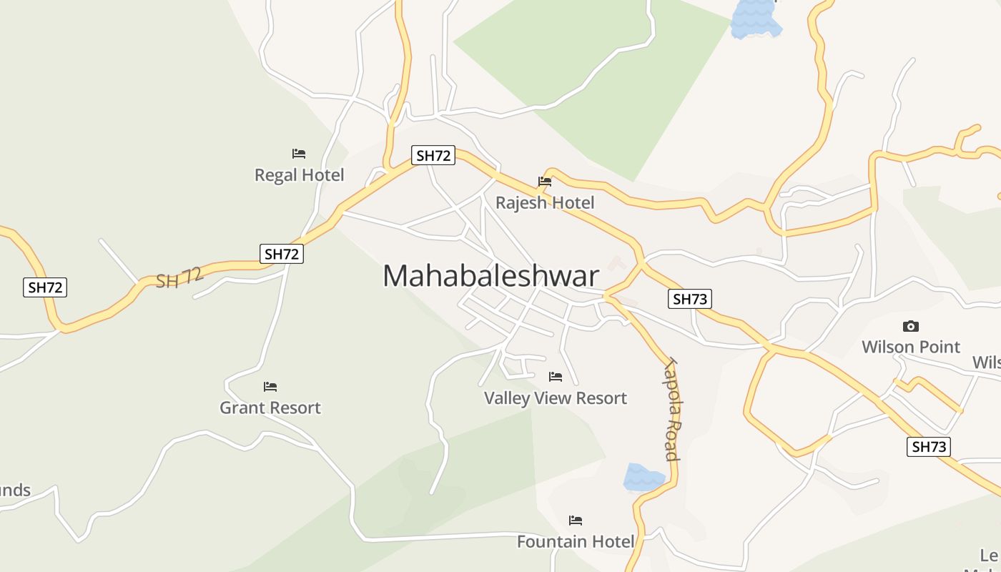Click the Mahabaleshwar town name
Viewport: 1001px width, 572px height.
[x=490, y=276]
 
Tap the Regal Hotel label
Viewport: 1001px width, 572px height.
[x=300, y=175]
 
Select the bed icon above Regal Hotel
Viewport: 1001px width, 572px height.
[x=299, y=154]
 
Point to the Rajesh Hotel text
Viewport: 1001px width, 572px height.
[x=545, y=203]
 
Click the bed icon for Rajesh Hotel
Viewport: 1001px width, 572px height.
[x=545, y=182]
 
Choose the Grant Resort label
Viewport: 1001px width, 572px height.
[x=270, y=408]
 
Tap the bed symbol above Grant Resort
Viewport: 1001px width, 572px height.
[x=270, y=387]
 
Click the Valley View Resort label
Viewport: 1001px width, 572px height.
[x=556, y=398]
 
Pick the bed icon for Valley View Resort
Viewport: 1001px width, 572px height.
[x=556, y=377]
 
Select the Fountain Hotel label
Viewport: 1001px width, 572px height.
[x=576, y=542]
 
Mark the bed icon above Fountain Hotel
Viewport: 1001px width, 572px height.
[x=576, y=521]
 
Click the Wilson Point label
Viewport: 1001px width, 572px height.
[x=911, y=347]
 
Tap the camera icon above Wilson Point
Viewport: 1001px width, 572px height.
[x=911, y=327]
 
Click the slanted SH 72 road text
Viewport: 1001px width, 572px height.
[x=179, y=277]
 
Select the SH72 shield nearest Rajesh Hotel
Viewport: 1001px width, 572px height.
[x=433, y=155]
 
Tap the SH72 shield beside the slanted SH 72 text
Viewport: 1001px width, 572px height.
[x=282, y=253]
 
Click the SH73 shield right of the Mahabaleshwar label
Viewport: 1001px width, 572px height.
[x=690, y=299]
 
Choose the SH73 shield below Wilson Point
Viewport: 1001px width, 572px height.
[x=929, y=448]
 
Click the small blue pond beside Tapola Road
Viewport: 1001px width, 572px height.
[x=643, y=477]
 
